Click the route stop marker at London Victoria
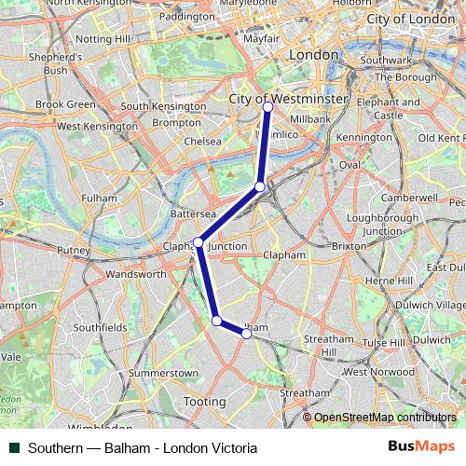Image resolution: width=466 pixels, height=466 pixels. click(267, 107)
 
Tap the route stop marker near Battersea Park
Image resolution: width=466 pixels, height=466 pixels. click(260, 186)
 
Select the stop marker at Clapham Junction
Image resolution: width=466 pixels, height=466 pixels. click(198, 242)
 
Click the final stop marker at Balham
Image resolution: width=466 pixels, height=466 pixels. click(246, 333)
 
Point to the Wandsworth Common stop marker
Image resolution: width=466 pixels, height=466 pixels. click(216, 321)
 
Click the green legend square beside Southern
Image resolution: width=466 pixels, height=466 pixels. click(13, 448)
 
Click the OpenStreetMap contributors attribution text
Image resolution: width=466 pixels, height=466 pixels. click(384, 417)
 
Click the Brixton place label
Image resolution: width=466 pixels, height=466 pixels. click(349, 246)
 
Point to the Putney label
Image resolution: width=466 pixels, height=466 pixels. click(73, 251)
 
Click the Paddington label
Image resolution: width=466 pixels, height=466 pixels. click(186, 17)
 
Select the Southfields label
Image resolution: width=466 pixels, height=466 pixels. click(100, 328)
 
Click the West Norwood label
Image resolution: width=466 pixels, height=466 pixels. click(378, 372)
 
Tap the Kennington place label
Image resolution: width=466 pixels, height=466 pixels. click(364, 138)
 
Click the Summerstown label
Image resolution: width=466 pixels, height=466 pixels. click(163, 373)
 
